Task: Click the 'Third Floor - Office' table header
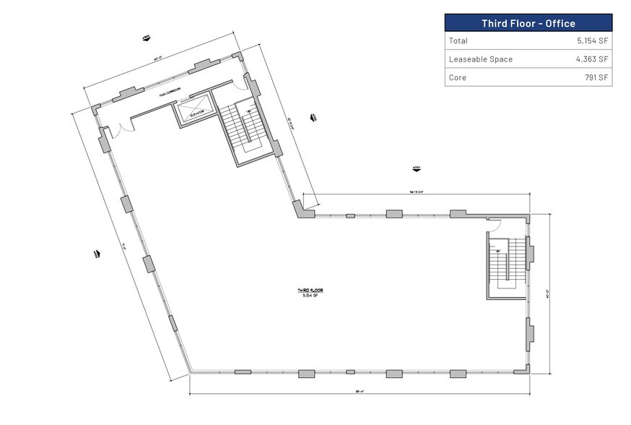click(x=528, y=23)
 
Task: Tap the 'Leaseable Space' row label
click(x=480, y=59)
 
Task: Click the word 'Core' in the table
click(x=458, y=77)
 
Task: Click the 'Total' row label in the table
click(x=458, y=41)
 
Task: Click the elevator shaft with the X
click(x=195, y=111)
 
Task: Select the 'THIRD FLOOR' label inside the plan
click(x=310, y=291)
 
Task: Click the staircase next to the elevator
click(x=245, y=129)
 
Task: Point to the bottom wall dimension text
click(x=358, y=392)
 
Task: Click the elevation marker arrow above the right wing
click(x=417, y=169)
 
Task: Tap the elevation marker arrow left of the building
click(x=95, y=254)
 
